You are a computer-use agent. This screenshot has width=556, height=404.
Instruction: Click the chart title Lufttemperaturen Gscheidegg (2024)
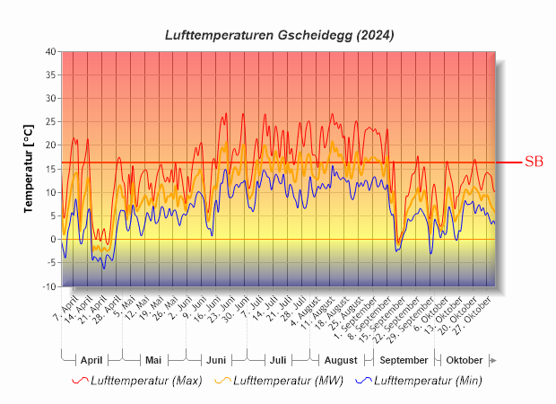point(279,35)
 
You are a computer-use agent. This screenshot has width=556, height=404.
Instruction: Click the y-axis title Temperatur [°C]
point(28,169)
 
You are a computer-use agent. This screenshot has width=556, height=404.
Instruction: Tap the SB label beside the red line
point(534,162)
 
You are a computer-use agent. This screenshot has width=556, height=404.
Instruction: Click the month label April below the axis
point(91,360)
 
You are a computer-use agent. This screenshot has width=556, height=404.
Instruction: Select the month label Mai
point(153,360)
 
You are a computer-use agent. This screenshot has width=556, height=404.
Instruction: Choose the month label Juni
point(216,360)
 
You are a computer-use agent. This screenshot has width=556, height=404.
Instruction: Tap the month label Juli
point(278,360)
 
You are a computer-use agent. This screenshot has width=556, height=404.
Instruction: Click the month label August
point(341,360)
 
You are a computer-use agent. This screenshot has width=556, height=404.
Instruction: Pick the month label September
point(404,360)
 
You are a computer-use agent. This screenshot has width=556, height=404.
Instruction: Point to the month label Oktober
point(465,360)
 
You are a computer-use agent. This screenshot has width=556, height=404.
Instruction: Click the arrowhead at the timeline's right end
point(492,360)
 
